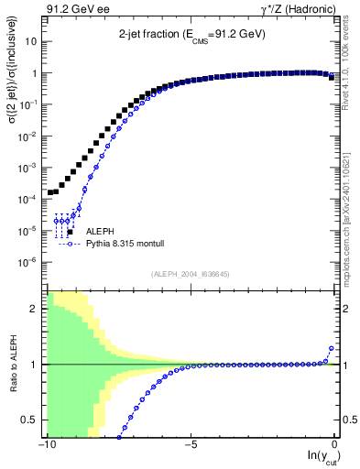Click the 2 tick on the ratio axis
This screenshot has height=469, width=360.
(x=37, y=308)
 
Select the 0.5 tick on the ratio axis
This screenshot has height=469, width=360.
(x=33, y=420)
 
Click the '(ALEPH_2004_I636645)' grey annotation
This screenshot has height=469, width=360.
(x=191, y=272)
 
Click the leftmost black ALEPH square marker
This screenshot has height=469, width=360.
(x=50, y=192)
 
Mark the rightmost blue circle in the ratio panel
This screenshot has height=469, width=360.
(x=331, y=349)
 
